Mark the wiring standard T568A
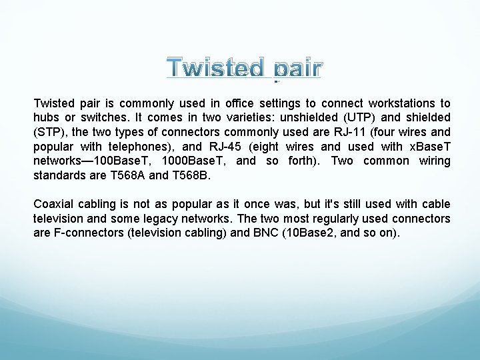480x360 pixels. click(x=121, y=175)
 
